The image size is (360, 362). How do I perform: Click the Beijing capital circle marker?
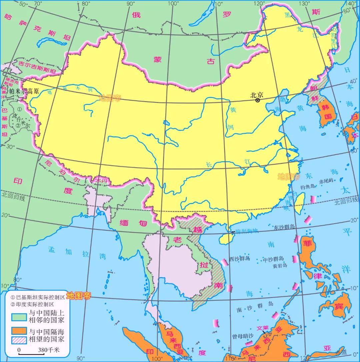[x=258, y=100]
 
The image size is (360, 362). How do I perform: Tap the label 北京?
[x=257, y=95]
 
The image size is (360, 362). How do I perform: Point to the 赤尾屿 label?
[x=326, y=181]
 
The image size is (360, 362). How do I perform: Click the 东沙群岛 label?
[x=284, y=227]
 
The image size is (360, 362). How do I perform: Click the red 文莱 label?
[x=262, y=327]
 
